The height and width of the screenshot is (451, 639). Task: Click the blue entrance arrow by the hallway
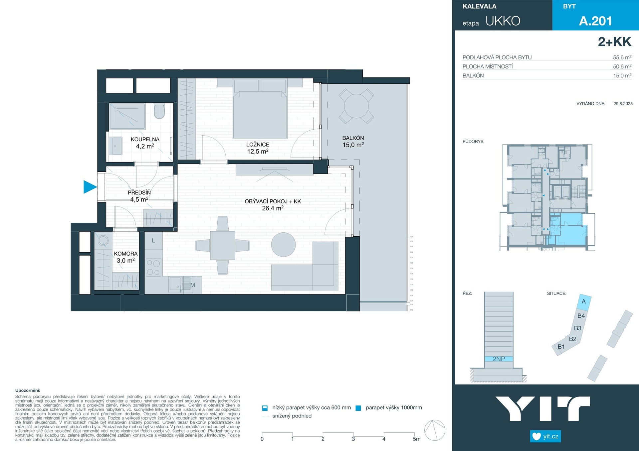89,187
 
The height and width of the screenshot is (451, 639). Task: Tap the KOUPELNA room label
145,140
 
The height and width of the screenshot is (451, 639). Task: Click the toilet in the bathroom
159,112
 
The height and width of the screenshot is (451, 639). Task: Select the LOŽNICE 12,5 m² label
258,148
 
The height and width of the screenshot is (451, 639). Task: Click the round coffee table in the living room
283,245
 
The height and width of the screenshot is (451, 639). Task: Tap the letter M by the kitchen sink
192,285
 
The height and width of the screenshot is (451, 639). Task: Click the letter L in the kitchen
153,240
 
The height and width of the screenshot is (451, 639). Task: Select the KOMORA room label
125,254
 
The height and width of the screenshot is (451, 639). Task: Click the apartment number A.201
595,21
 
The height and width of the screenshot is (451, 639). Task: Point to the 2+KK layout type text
614,42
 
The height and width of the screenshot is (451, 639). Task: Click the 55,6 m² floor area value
622,57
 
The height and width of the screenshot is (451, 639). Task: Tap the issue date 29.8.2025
623,104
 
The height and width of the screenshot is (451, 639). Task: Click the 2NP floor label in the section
499,359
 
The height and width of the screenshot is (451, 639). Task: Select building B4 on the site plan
581,316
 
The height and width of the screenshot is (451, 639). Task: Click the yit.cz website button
545,436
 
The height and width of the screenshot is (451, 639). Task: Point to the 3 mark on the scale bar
353,439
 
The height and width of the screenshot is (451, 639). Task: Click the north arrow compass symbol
435,430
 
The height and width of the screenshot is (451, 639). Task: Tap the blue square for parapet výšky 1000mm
358,408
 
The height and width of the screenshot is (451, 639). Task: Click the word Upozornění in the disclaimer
28,391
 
